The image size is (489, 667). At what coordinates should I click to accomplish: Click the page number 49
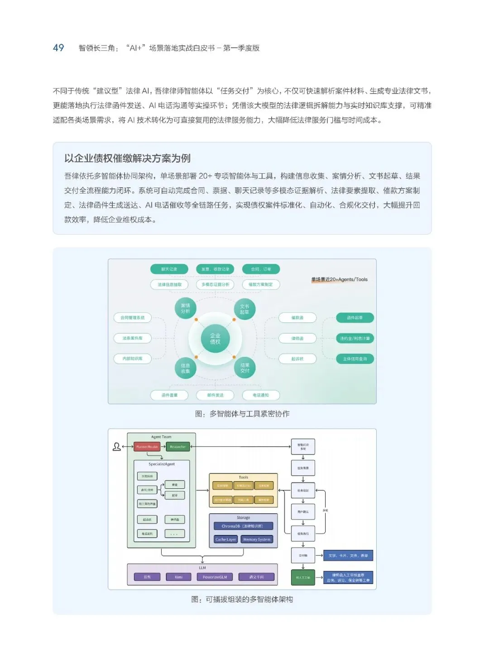[x=58, y=48]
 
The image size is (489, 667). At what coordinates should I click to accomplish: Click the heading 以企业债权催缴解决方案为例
[x=127, y=158]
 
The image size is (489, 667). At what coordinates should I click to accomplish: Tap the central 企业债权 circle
[x=215, y=339]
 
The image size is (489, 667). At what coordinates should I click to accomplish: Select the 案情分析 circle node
[x=185, y=308]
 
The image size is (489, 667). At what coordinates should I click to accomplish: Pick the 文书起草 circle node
[x=244, y=309]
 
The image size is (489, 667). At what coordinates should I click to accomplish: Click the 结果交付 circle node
[x=245, y=368]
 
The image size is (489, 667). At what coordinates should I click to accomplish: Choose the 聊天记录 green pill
[x=169, y=269]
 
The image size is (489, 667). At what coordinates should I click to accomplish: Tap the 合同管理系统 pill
[x=133, y=318]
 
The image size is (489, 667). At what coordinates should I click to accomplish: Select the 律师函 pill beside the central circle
[x=297, y=338]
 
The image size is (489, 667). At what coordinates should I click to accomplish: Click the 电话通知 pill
[x=261, y=395]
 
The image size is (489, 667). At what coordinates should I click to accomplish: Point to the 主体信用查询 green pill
[x=355, y=359]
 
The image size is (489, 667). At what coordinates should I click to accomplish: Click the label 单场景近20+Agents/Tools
[x=339, y=279]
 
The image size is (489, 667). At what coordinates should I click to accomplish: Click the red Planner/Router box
[x=147, y=447]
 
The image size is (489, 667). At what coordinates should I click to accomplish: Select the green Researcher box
[x=178, y=447]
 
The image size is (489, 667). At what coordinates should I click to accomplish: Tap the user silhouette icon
[x=116, y=447]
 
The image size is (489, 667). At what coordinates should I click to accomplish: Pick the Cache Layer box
[x=225, y=539]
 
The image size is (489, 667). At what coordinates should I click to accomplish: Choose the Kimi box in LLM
[x=178, y=577]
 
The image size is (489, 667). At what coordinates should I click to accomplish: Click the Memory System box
[x=257, y=539]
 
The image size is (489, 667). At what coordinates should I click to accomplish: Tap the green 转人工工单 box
[x=303, y=577]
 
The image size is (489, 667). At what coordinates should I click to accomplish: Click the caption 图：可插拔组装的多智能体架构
[x=242, y=599]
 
